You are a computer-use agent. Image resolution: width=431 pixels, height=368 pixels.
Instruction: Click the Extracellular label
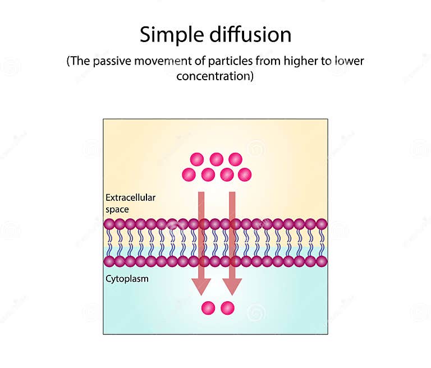130,197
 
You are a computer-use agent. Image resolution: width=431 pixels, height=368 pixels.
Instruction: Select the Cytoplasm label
127,278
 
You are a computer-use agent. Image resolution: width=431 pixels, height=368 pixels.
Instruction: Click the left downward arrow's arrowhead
201,286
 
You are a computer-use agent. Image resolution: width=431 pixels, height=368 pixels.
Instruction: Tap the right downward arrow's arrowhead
232,286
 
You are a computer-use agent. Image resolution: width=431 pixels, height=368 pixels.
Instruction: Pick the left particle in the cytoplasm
208,308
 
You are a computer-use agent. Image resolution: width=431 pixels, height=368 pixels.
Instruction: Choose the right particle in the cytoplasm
227,308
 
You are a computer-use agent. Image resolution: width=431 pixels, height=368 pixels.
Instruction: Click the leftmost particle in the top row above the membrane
197,159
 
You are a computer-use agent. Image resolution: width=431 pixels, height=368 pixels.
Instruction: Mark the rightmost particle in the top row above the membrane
236,159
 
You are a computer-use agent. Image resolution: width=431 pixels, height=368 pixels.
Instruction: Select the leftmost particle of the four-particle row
189,174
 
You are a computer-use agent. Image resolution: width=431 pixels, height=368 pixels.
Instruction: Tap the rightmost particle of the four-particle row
245,174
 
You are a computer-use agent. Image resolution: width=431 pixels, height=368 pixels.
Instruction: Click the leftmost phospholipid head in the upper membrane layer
109,224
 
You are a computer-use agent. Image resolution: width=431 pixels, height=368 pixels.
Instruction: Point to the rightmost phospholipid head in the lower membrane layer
322,261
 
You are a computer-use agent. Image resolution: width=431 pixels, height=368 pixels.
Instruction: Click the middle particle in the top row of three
217,159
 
